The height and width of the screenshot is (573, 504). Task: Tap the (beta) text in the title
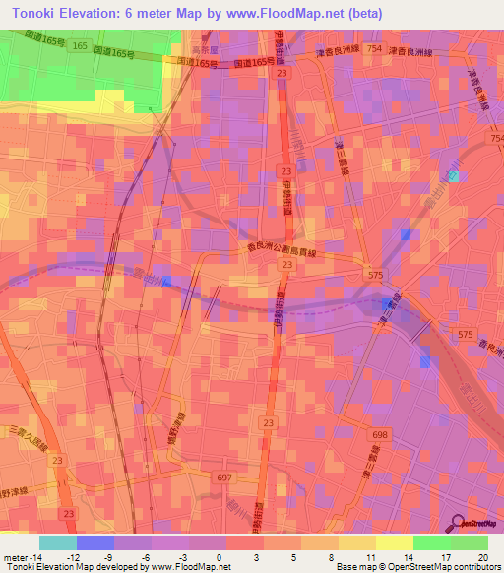click(x=357, y=14)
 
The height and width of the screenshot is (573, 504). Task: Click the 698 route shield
click(x=381, y=434)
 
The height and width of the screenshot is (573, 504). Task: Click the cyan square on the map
click(x=453, y=176)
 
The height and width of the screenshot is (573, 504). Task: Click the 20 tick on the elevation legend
click(x=482, y=555)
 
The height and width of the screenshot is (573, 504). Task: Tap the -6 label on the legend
click(x=146, y=555)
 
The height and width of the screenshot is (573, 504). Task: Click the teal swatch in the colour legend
click(x=58, y=542)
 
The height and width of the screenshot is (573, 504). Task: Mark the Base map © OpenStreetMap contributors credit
click(x=417, y=567)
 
